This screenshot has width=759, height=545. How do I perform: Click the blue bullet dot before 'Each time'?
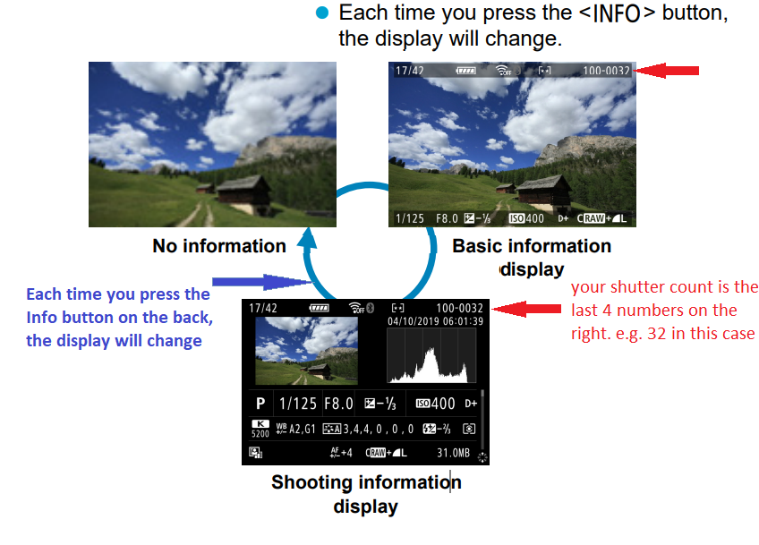(323, 14)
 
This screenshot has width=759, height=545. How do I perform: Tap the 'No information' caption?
(219, 246)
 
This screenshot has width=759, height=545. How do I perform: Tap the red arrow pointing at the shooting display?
(527, 308)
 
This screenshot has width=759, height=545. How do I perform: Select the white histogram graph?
(429, 357)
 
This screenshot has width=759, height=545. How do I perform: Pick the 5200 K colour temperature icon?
(260, 428)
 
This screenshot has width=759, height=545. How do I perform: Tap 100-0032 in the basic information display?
(606, 70)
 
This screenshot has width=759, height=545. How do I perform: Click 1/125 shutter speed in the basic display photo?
(410, 218)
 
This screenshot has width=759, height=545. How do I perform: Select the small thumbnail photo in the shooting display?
(306, 351)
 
